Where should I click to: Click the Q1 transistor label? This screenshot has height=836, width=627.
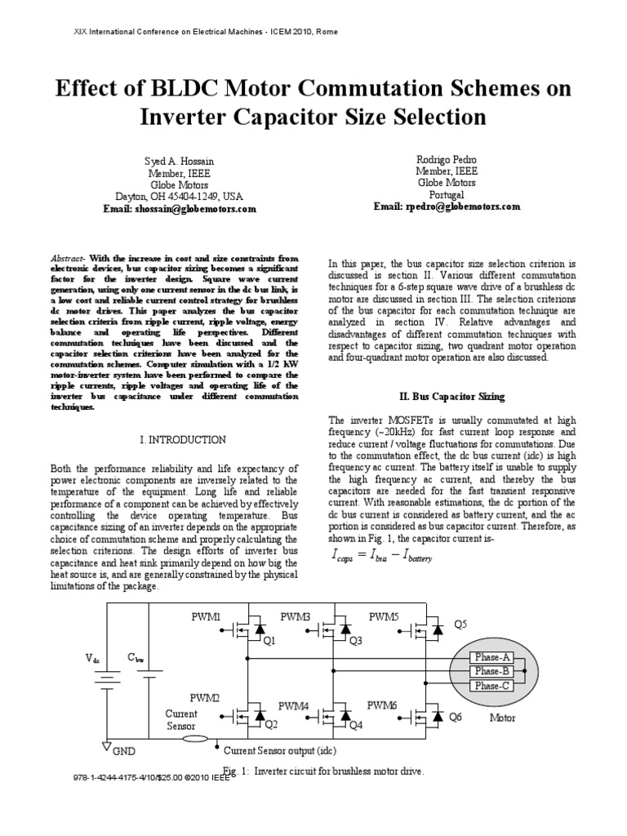click(x=269, y=641)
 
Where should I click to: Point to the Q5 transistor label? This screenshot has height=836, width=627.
click(x=462, y=625)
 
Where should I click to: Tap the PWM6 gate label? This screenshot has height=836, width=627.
click(x=382, y=704)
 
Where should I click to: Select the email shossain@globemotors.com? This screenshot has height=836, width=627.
click(x=180, y=208)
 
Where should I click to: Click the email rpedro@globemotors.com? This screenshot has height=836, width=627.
click(x=447, y=207)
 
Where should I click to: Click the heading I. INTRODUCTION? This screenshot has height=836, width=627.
click(x=183, y=439)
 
